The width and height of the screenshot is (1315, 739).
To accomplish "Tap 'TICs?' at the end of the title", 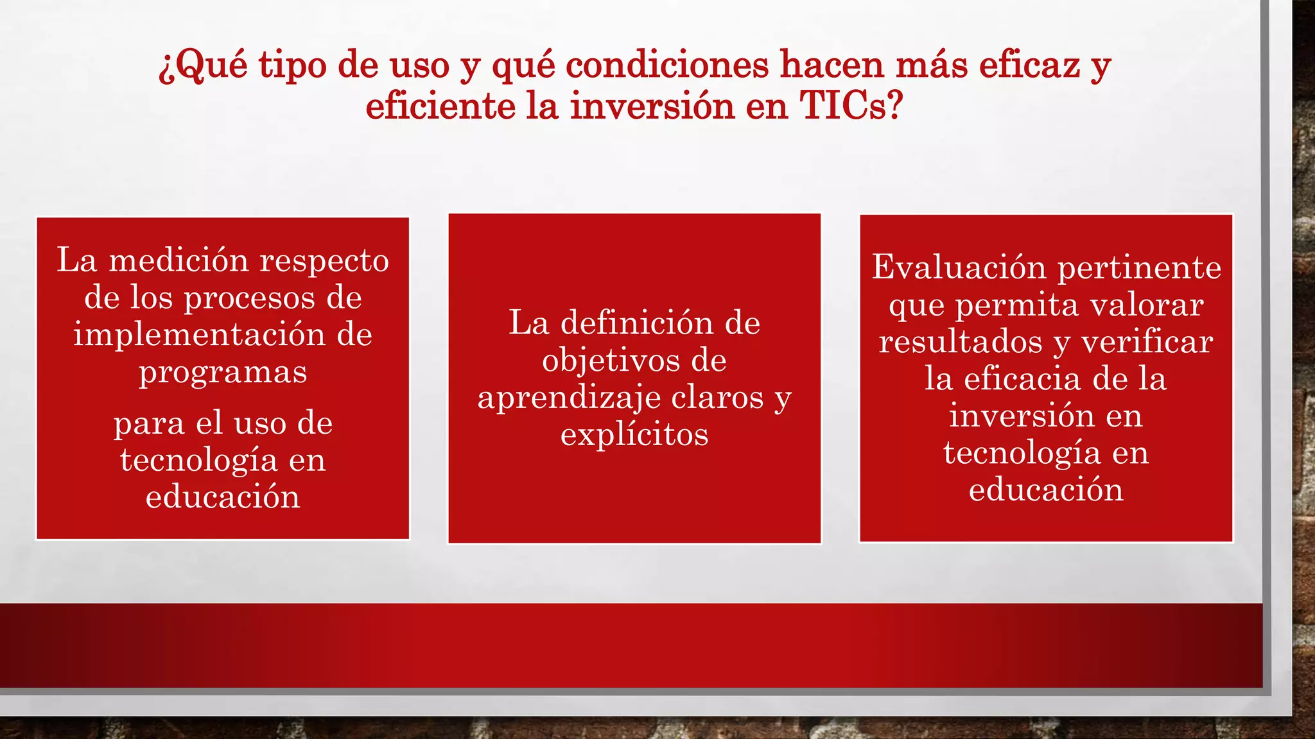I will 851,106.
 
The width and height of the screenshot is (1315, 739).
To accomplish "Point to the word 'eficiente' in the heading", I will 440,106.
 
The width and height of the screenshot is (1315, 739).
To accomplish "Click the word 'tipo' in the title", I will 292,66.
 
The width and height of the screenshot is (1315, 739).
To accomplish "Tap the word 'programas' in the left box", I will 223,373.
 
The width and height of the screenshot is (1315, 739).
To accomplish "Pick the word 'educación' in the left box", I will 223,497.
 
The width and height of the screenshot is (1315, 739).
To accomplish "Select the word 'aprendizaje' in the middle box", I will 560,398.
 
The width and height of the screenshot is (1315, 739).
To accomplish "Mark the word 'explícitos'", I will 634,435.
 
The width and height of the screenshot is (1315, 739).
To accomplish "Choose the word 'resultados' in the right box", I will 961,341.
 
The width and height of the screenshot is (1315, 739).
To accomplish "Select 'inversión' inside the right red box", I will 1022,416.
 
